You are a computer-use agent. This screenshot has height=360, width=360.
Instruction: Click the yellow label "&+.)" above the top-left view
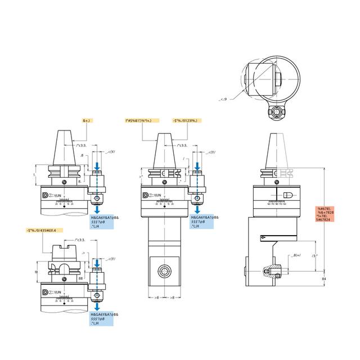[x=87, y=120]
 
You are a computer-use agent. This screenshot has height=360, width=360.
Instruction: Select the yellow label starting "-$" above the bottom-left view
[x=45, y=231]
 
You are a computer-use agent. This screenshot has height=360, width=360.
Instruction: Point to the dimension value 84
[x=324, y=278]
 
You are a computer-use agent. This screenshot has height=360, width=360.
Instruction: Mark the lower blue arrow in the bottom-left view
[x=98, y=308]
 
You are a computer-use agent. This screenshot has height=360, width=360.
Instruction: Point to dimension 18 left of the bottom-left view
[x=35, y=272]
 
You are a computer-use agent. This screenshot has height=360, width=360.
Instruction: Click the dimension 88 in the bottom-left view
[x=82, y=278]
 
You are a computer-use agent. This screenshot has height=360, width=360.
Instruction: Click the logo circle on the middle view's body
[x=145, y=196]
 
